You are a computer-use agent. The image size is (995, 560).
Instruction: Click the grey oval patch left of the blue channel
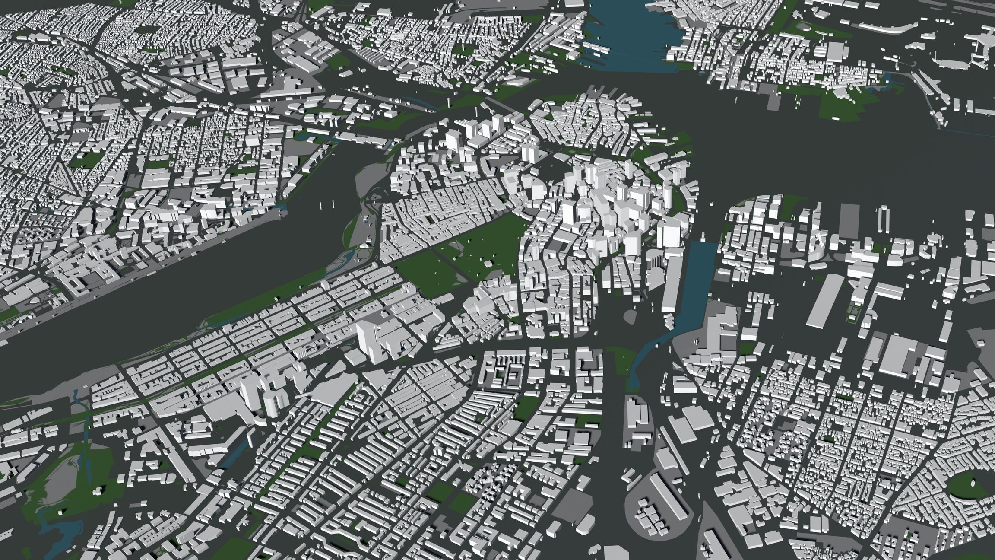point(631,314)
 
